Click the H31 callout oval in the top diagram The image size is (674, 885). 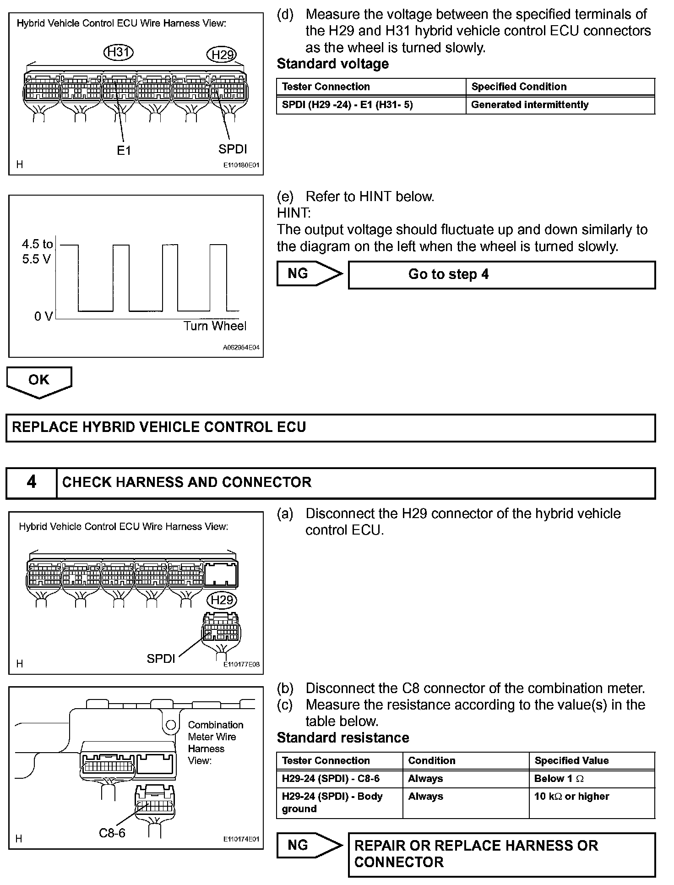(118, 52)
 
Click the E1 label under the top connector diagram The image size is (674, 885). (124, 151)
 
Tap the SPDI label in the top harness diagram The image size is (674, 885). (232, 149)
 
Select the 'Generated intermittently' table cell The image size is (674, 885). (560, 105)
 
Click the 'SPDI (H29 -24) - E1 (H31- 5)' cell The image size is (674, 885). (371, 105)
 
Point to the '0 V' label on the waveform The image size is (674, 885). (43, 316)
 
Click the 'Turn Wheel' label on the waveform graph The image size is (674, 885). (215, 326)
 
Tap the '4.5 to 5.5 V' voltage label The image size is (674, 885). (37, 251)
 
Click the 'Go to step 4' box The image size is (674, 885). (501, 275)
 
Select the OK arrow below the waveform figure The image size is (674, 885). (39, 381)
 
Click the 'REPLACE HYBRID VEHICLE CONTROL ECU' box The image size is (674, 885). (330, 428)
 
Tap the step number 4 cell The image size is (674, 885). (31, 482)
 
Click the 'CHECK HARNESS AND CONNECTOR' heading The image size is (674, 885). (187, 482)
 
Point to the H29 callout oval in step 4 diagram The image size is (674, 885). (222, 600)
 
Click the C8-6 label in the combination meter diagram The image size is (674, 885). (112, 833)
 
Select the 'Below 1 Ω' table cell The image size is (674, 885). (592, 778)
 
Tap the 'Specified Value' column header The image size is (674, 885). (592, 760)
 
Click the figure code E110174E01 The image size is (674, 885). (241, 839)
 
